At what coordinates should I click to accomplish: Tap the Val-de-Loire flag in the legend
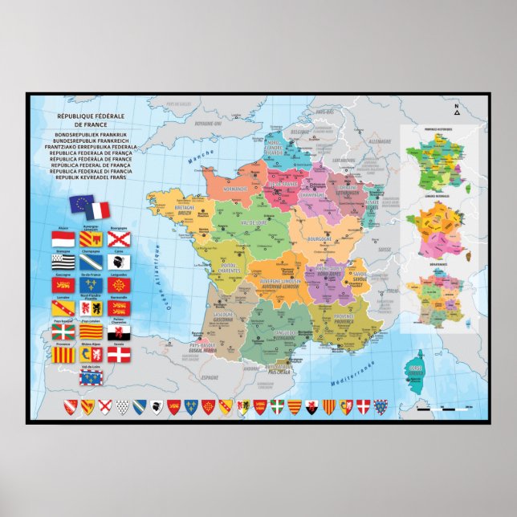[91, 377]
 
